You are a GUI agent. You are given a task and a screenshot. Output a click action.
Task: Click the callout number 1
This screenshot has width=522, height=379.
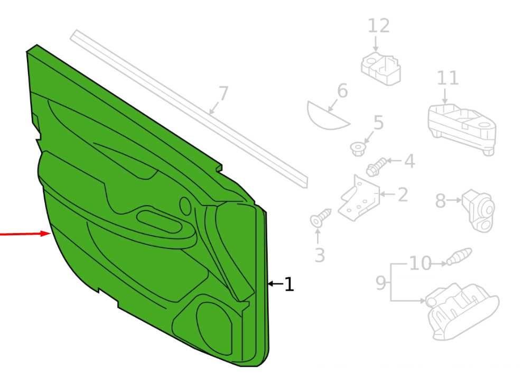click(290, 284)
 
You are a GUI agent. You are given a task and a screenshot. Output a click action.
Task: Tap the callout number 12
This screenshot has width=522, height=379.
click(379, 26)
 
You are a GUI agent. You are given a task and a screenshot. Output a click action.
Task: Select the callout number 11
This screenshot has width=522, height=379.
click(448, 78)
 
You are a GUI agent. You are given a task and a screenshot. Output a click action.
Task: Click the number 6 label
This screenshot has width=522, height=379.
click(342, 90)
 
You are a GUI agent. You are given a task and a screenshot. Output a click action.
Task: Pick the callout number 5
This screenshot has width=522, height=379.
click(378, 122)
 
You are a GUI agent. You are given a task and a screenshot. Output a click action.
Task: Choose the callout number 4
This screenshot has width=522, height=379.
click(409, 161)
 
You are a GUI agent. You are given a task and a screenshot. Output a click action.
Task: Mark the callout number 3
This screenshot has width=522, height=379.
click(320, 255)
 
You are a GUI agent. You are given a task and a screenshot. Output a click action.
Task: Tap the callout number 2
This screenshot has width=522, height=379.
click(403, 195)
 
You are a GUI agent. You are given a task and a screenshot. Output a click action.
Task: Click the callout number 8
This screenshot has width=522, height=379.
click(441, 201)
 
